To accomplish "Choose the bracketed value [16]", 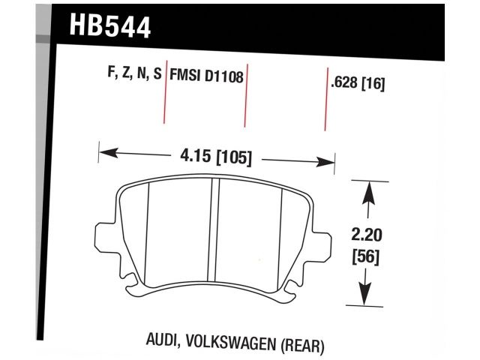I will (373, 84).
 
